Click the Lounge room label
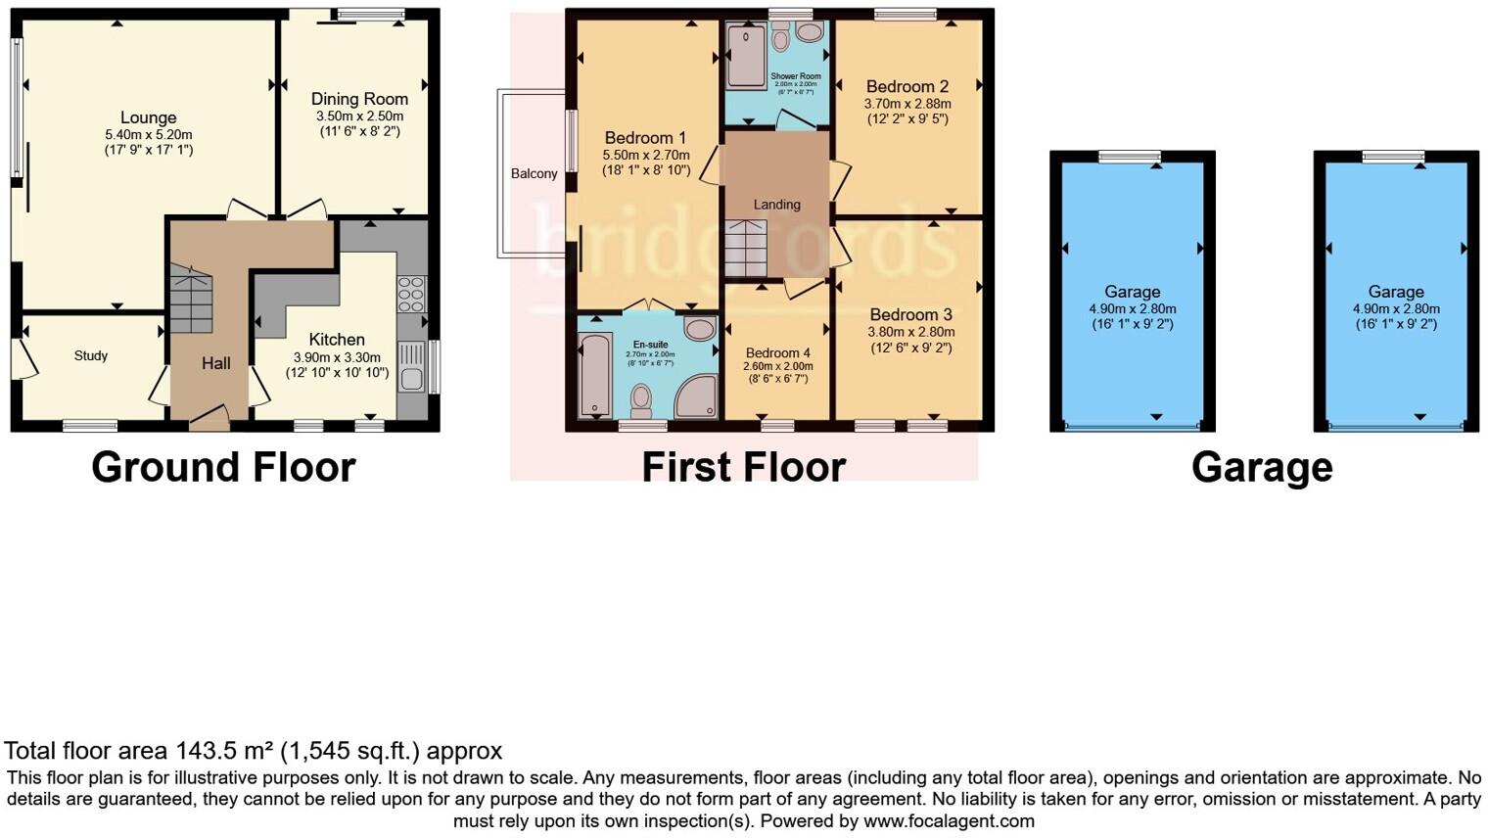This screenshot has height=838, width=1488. pos(148,117)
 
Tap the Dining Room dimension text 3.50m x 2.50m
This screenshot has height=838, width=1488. pos(359,116)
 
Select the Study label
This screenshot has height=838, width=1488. pos(91,355)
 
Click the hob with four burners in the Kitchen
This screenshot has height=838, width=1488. pos(410,294)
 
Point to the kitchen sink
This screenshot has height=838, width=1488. pos(410,376)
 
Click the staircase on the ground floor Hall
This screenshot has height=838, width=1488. pos(191,301)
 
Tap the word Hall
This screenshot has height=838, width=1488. pos(216,363)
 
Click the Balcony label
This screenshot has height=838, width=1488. pos(534,173)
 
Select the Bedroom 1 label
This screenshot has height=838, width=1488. pos(645,137)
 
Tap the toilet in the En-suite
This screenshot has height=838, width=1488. pos(641,399)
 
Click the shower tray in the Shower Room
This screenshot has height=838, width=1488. pos(747,57)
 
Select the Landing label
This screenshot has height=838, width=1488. pos(776,205)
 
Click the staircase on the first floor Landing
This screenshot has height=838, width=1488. pos(746,249)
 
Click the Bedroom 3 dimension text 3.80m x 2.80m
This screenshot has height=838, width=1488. pos(910,332)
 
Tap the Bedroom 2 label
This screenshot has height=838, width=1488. pos(907,86)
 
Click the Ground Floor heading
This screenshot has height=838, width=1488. pos(223,467)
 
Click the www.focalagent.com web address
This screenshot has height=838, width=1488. pos(949,821)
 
